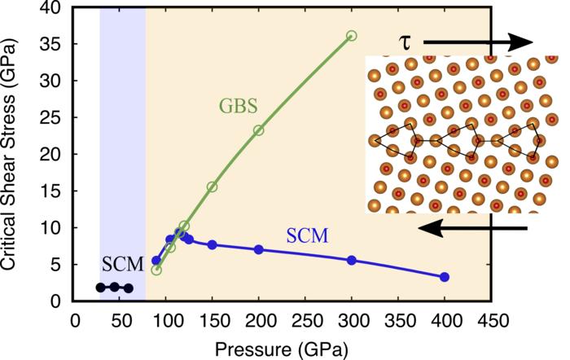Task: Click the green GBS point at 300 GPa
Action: (351, 36)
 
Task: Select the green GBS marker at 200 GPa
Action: (259, 130)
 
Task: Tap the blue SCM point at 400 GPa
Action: (444, 277)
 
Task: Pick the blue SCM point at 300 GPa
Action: (352, 260)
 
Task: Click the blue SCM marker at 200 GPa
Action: (259, 249)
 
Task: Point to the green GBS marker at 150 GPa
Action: (213, 187)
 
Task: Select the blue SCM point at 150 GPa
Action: (213, 244)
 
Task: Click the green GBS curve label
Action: (238, 106)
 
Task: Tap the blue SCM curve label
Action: (307, 236)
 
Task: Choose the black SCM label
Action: (123, 264)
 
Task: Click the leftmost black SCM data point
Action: (100, 287)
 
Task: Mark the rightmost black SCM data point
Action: (129, 288)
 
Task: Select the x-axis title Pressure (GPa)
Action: (282, 348)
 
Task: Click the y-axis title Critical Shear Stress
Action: (14, 151)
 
